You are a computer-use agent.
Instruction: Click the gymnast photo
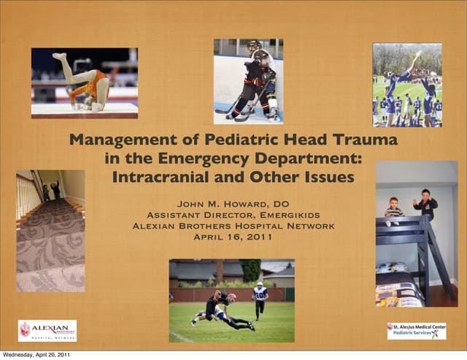(84, 83)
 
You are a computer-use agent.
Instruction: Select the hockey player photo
(248, 81)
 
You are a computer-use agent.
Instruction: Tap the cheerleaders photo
(406, 85)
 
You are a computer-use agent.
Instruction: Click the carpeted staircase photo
(50, 231)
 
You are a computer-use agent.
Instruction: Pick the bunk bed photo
(416, 234)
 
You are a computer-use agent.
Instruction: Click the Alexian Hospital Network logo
(47, 331)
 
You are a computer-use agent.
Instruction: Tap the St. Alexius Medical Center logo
(416, 331)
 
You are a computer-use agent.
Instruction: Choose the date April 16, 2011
(233, 237)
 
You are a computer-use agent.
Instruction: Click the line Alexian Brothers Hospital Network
(233, 226)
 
